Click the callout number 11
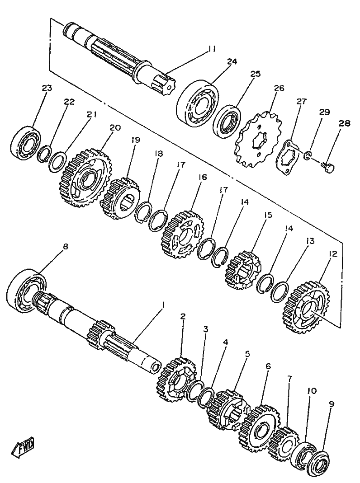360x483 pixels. tap(212, 48)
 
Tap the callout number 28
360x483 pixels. tap(344, 123)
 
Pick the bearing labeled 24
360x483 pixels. tap(197, 103)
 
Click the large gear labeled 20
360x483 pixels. tap(86, 177)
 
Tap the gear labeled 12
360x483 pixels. tap(306, 306)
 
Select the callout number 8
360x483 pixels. tap(66, 246)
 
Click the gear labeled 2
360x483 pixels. tap(177, 379)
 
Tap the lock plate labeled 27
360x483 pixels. tap(289, 157)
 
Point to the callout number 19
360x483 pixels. tap(135, 140)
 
